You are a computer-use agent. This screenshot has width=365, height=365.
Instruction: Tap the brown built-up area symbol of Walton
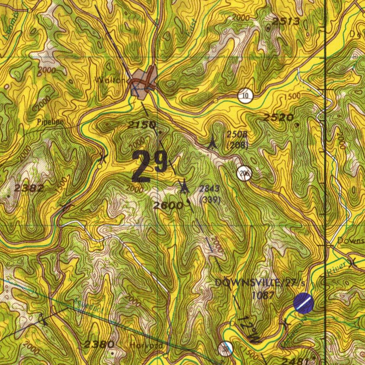point(143,82)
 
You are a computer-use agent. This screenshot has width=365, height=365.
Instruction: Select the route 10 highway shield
point(245,96)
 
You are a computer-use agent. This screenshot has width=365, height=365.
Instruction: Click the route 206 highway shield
point(245,174)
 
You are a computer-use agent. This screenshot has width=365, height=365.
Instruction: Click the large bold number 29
point(150,166)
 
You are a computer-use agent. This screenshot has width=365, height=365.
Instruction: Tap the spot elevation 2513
point(286,22)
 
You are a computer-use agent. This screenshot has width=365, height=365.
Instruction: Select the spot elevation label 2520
point(278,117)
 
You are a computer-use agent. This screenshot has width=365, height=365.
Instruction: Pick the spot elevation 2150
point(142,125)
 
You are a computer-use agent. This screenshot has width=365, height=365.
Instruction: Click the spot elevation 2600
point(168,205)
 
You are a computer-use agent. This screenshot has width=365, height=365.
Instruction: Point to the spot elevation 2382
point(29,189)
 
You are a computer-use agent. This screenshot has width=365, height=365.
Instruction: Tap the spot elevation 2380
point(99,344)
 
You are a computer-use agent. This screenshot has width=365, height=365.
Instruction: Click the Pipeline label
point(50,122)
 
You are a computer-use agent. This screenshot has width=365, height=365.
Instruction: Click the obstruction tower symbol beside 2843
point(184,186)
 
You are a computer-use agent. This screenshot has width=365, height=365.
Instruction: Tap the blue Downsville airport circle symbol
point(303,303)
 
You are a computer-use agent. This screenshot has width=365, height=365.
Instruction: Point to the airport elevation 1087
point(263,295)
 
